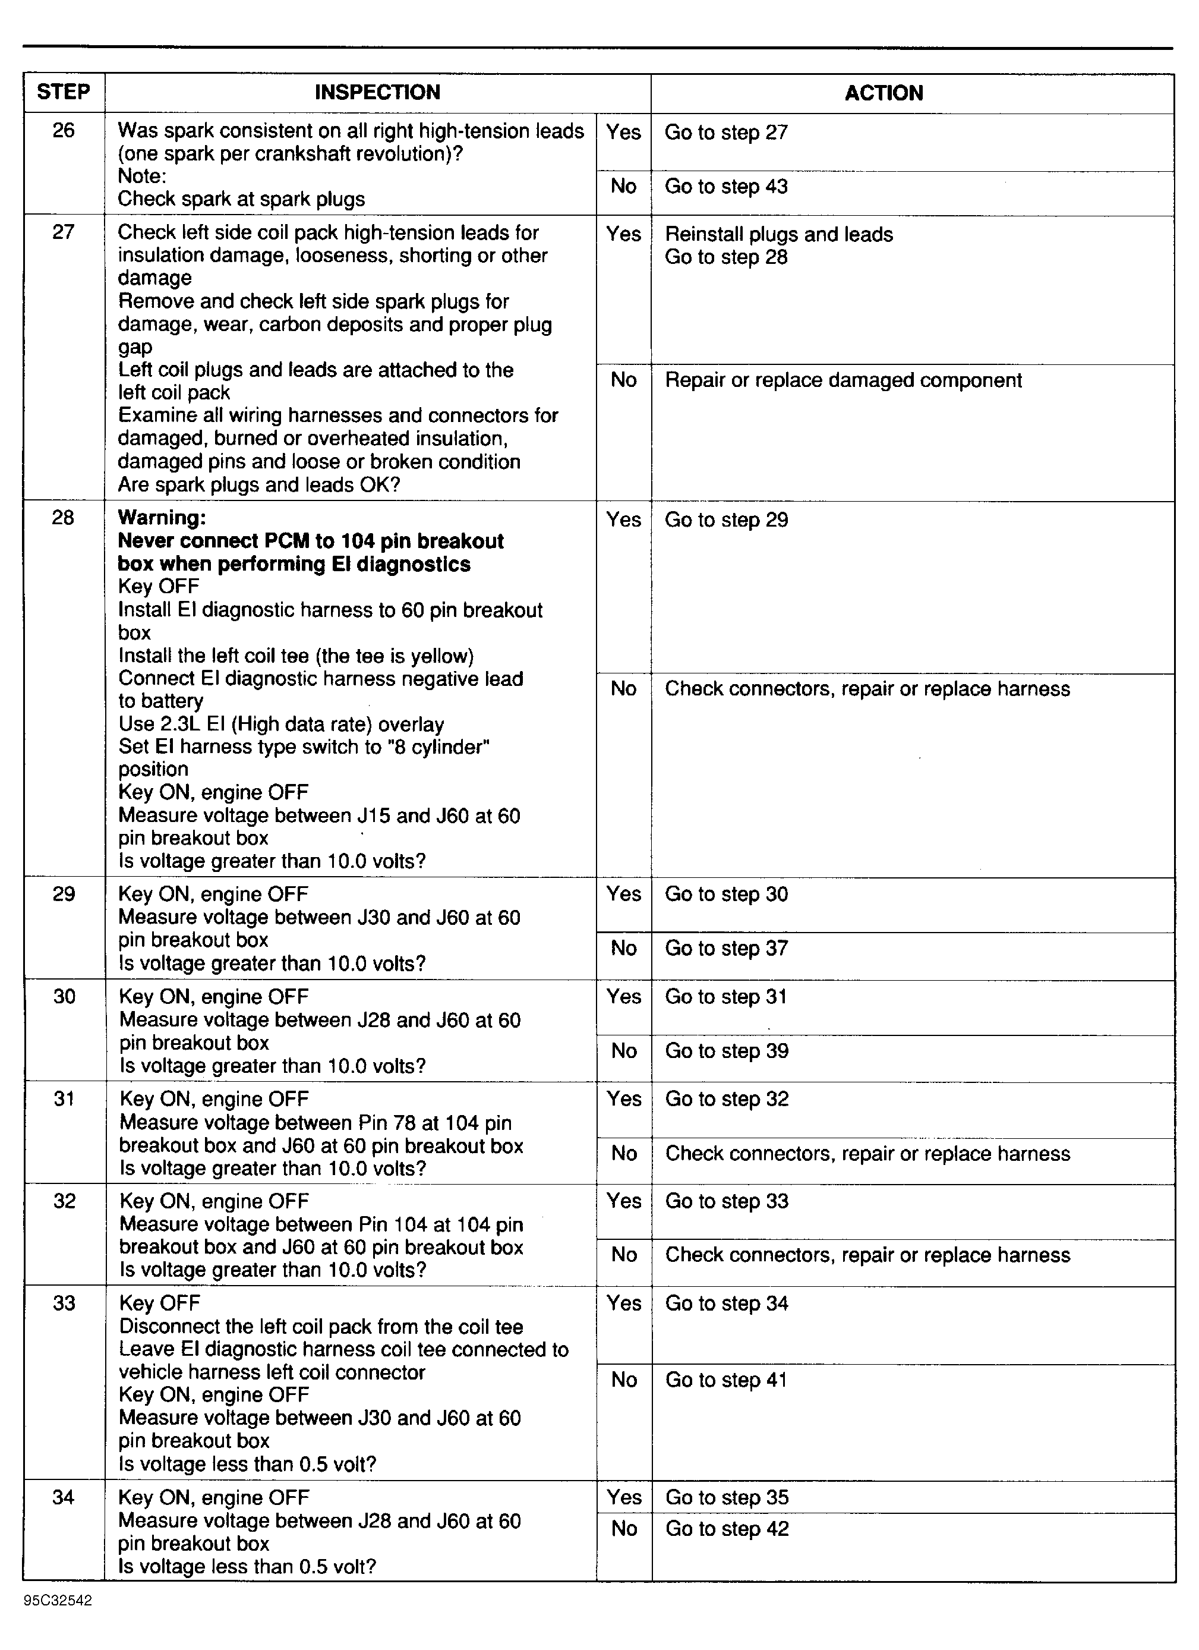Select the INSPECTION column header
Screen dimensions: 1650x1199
pos(377,92)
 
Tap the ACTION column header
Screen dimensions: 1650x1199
pos(884,93)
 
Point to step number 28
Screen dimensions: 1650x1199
pos(63,517)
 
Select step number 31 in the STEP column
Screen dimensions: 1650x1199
pos(64,1098)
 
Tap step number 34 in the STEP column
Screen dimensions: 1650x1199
pos(63,1497)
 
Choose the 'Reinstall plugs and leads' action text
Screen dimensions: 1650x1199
pos(779,234)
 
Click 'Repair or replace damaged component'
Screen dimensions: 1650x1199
pos(844,380)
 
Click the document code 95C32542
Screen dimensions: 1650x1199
pos(58,1601)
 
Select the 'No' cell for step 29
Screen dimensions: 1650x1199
pos(624,949)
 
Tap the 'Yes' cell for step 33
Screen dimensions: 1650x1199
pos(624,1303)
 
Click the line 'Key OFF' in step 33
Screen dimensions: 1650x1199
pos(159,1303)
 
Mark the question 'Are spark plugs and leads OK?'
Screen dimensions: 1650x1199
pos(259,484)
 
